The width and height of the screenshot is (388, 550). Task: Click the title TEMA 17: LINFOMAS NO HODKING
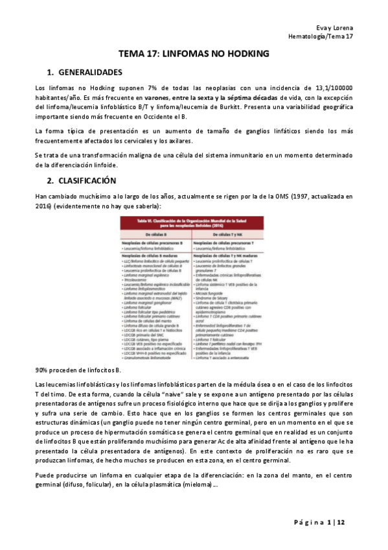(x=194, y=55)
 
